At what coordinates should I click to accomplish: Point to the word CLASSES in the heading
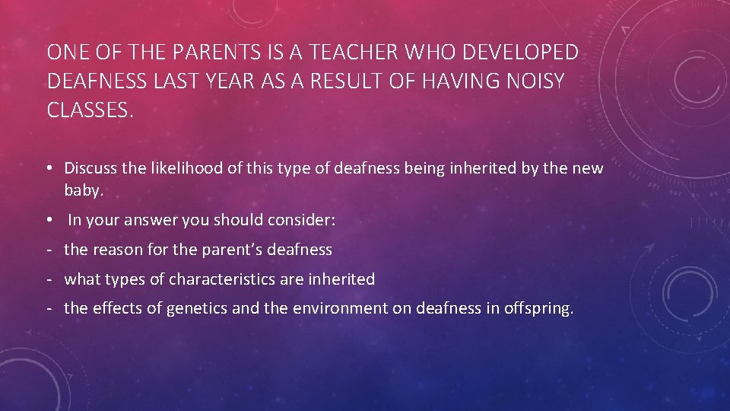(88, 110)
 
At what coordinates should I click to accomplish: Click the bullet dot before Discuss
(51, 168)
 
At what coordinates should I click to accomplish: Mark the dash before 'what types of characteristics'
(49, 279)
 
